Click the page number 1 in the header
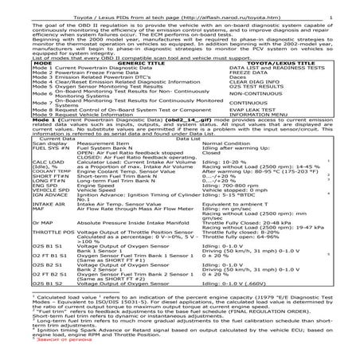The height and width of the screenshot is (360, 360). tap(352, 6)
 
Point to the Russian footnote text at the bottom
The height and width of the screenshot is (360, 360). tap(33, 347)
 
